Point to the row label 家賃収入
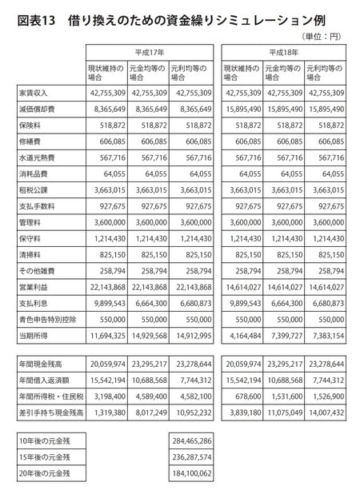point(34,93)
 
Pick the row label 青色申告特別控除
point(46,317)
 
